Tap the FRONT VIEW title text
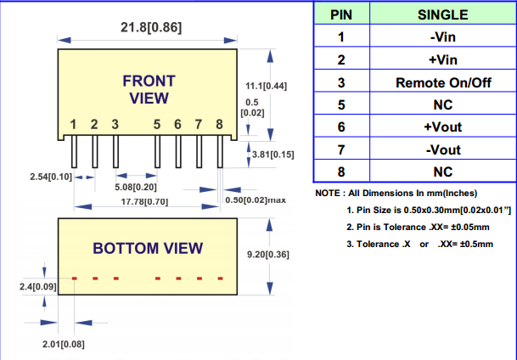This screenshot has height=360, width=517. click(x=149, y=89)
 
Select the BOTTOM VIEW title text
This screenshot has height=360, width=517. click(x=148, y=248)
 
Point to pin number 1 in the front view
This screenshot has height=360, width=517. click(x=74, y=125)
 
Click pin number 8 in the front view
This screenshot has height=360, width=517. click(x=219, y=125)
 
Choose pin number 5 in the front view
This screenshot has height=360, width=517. click(x=157, y=125)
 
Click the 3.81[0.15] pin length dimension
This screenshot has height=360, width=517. click(x=273, y=154)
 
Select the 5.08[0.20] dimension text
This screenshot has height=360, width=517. click(x=136, y=187)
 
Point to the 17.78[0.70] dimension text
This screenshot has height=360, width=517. click(x=145, y=201)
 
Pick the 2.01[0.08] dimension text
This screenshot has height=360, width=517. click(x=63, y=344)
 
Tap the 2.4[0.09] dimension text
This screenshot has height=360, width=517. click(x=37, y=287)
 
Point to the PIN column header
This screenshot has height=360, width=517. click(x=340, y=15)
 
